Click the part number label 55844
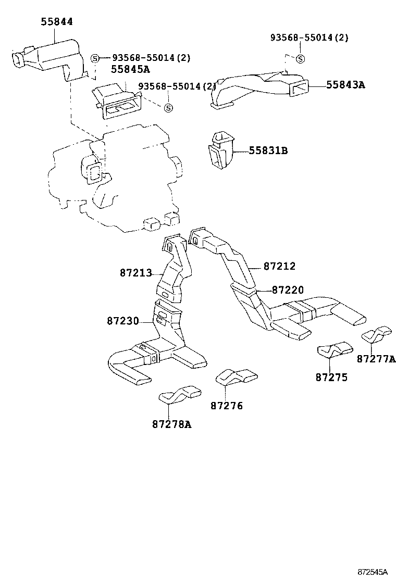click(57, 21)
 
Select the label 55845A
click(130, 70)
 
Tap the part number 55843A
click(345, 84)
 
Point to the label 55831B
click(268, 151)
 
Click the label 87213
click(135, 272)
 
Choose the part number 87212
click(279, 266)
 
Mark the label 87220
click(288, 289)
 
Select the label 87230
click(123, 321)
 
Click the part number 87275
click(331, 377)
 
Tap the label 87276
click(227, 406)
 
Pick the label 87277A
click(376, 359)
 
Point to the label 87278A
click(172, 424)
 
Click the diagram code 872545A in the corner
click(373, 572)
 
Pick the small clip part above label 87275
click(336, 349)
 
